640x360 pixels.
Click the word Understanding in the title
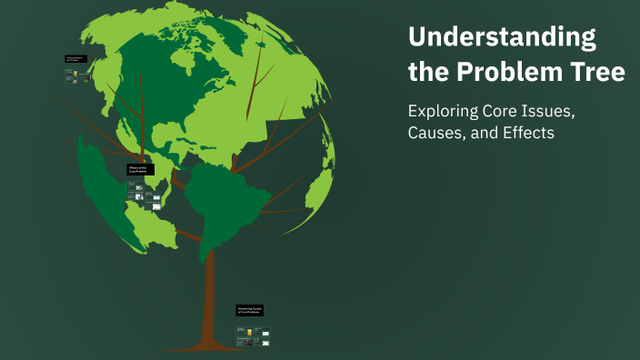click(503, 38)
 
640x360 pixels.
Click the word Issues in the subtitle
click(549, 112)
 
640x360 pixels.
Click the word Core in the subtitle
click(502, 112)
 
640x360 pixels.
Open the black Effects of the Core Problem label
click(141, 169)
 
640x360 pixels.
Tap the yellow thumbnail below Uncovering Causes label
click(246, 334)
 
